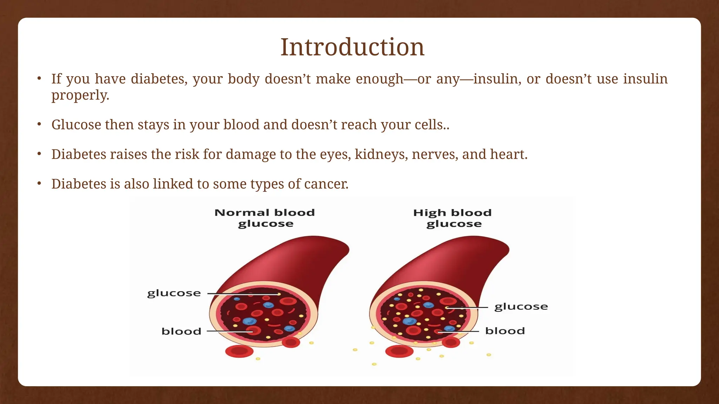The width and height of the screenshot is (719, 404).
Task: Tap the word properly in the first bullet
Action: [80, 95]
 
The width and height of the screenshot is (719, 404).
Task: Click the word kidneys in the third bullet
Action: [381, 154]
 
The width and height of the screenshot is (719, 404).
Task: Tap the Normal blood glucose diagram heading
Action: [265, 218]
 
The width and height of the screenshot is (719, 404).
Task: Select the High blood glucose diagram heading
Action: [453, 218]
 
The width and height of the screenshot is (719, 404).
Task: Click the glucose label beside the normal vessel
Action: [174, 293]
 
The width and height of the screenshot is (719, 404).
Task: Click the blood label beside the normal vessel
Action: [181, 331]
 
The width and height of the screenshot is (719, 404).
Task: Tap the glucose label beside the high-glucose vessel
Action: [521, 307]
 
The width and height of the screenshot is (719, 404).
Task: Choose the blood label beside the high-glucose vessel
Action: [505, 331]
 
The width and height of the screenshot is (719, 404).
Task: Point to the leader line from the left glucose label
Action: [242, 294]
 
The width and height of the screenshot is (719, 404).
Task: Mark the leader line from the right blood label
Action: [460, 331]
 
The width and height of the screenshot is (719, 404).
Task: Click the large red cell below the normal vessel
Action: [239, 351]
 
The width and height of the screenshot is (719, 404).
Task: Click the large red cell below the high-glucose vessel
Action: [399, 351]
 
